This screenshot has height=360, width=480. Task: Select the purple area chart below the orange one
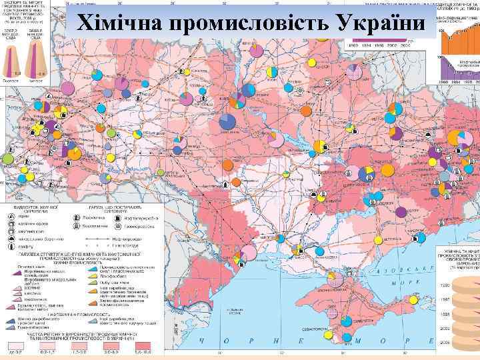coord(460,70)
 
